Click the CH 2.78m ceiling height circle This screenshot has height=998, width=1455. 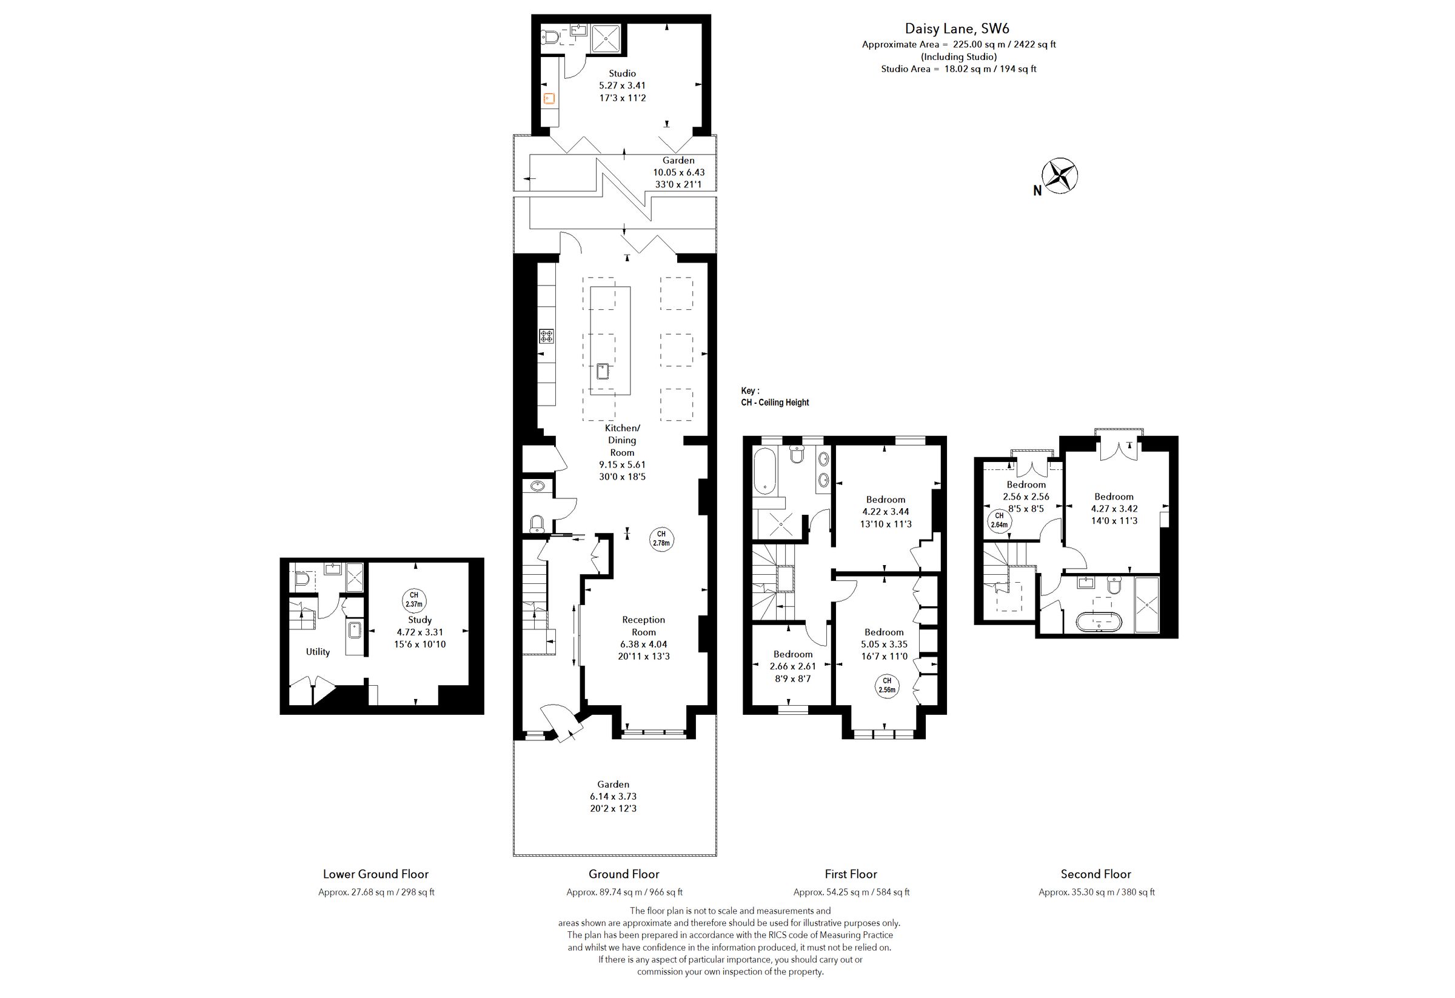[x=661, y=538]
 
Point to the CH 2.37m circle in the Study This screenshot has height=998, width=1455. [x=414, y=600]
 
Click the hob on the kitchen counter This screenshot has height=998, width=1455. [x=547, y=337]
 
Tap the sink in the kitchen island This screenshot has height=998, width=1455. [x=604, y=371]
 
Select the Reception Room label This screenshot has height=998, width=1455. [x=643, y=626]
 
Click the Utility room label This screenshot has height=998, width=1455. [x=318, y=652]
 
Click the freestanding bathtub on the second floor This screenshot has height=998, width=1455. [x=1099, y=621]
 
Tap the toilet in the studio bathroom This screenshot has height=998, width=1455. [x=550, y=37]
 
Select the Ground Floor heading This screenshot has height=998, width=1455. [x=624, y=874]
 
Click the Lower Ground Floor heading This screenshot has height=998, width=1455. [x=376, y=874]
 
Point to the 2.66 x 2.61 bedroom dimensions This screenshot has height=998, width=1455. [x=792, y=666]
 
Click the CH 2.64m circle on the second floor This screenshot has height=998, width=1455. [x=999, y=521]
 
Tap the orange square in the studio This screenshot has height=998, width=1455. [x=549, y=98]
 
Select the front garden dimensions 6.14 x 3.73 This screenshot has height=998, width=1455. [x=613, y=796]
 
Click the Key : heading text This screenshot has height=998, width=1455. [x=750, y=390]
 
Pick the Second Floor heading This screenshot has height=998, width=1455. [x=1095, y=874]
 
